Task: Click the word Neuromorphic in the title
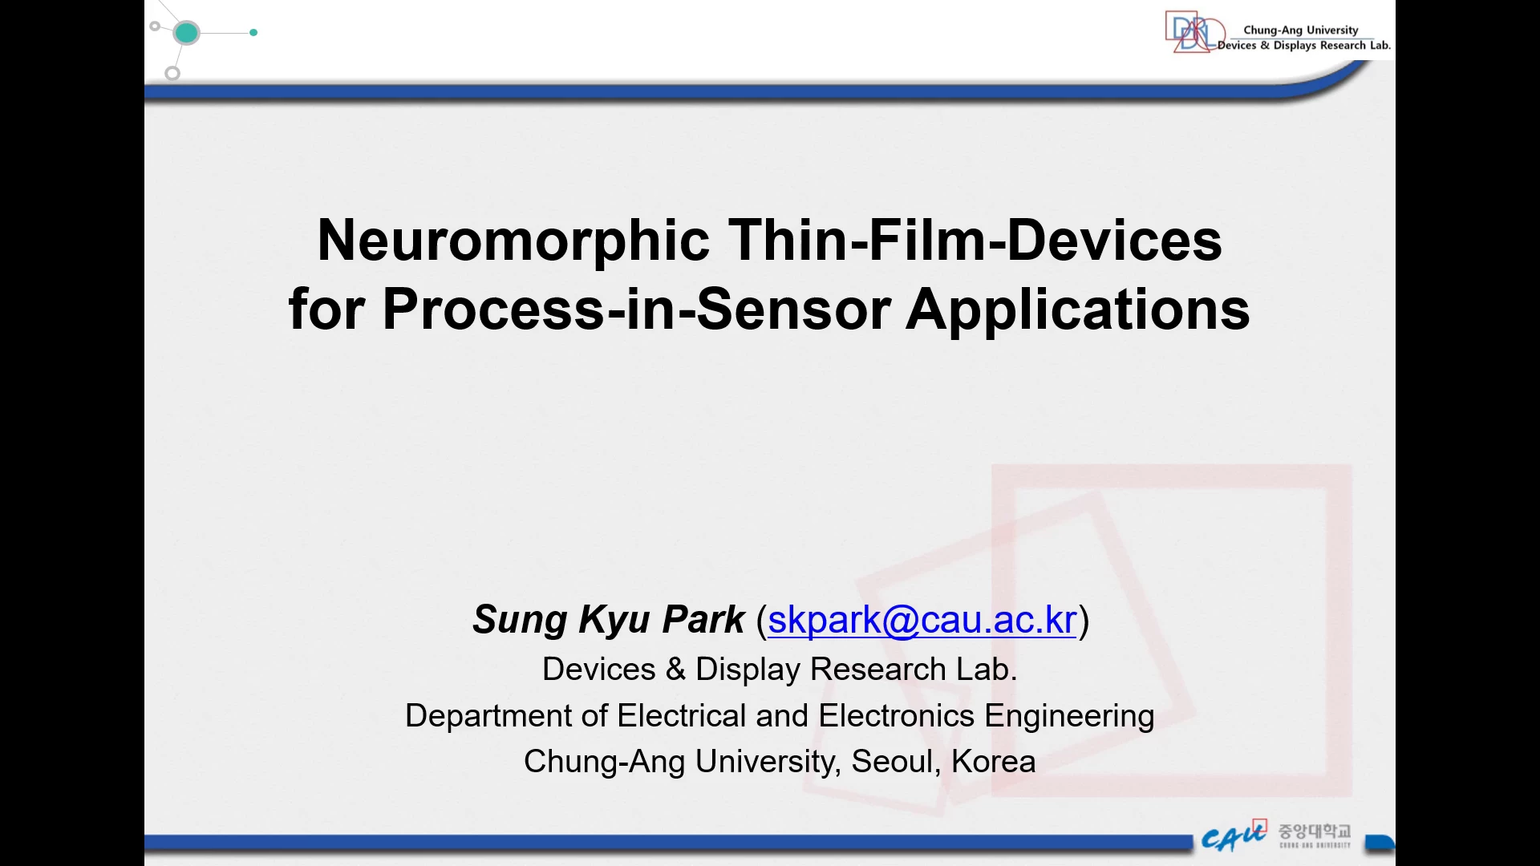coord(513,241)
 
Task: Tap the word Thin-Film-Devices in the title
coord(975,240)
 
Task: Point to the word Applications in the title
coord(1078,310)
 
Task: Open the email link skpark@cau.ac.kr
coord(922,620)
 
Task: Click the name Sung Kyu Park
coord(609,620)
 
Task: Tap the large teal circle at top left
coord(186,33)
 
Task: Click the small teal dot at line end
coord(253,33)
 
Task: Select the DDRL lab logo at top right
coord(1195,32)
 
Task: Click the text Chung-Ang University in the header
coord(1301,30)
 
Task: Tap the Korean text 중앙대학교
coord(1315,831)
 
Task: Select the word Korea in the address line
coord(994,761)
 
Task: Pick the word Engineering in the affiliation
coord(1070,716)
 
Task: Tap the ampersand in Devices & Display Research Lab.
coord(675,670)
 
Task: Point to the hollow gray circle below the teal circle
coord(172,74)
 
